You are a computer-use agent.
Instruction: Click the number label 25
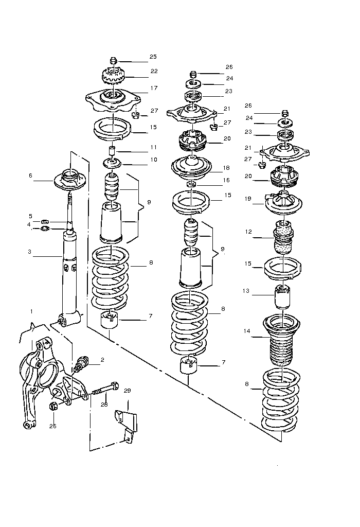(x=153, y=57)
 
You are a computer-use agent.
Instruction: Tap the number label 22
(x=154, y=71)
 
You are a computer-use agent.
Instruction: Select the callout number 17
(x=154, y=88)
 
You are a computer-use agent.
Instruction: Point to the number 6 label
(x=30, y=175)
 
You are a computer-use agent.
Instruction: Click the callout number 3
(x=30, y=252)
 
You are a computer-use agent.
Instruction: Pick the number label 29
(x=128, y=391)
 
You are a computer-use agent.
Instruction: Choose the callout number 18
(x=227, y=168)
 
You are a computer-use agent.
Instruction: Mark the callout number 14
(x=247, y=331)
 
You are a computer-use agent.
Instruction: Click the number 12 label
(x=248, y=232)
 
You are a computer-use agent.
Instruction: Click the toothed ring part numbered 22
(x=113, y=77)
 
